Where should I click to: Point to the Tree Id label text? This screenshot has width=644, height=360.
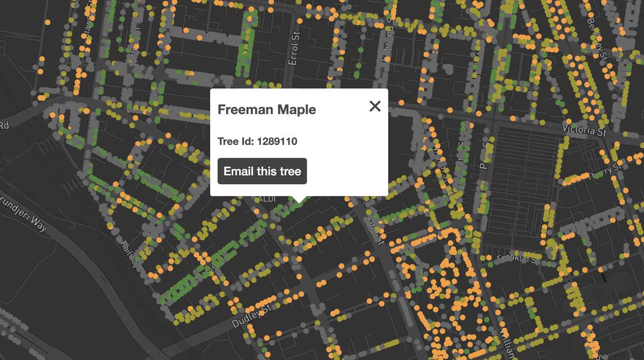click(x=236, y=142)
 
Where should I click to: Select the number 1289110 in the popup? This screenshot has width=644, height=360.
click(x=277, y=142)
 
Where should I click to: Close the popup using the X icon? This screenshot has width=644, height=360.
click(x=375, y=106)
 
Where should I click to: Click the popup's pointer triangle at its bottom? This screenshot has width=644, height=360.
click(x=299, y=199)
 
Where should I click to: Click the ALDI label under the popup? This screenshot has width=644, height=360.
click(x=265, y=199)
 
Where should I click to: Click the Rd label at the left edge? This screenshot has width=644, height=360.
click(x=4, y=126)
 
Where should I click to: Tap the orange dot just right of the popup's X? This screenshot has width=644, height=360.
click(x=401, y=103)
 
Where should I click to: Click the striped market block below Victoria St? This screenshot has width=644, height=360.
click(x=522, y=177)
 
